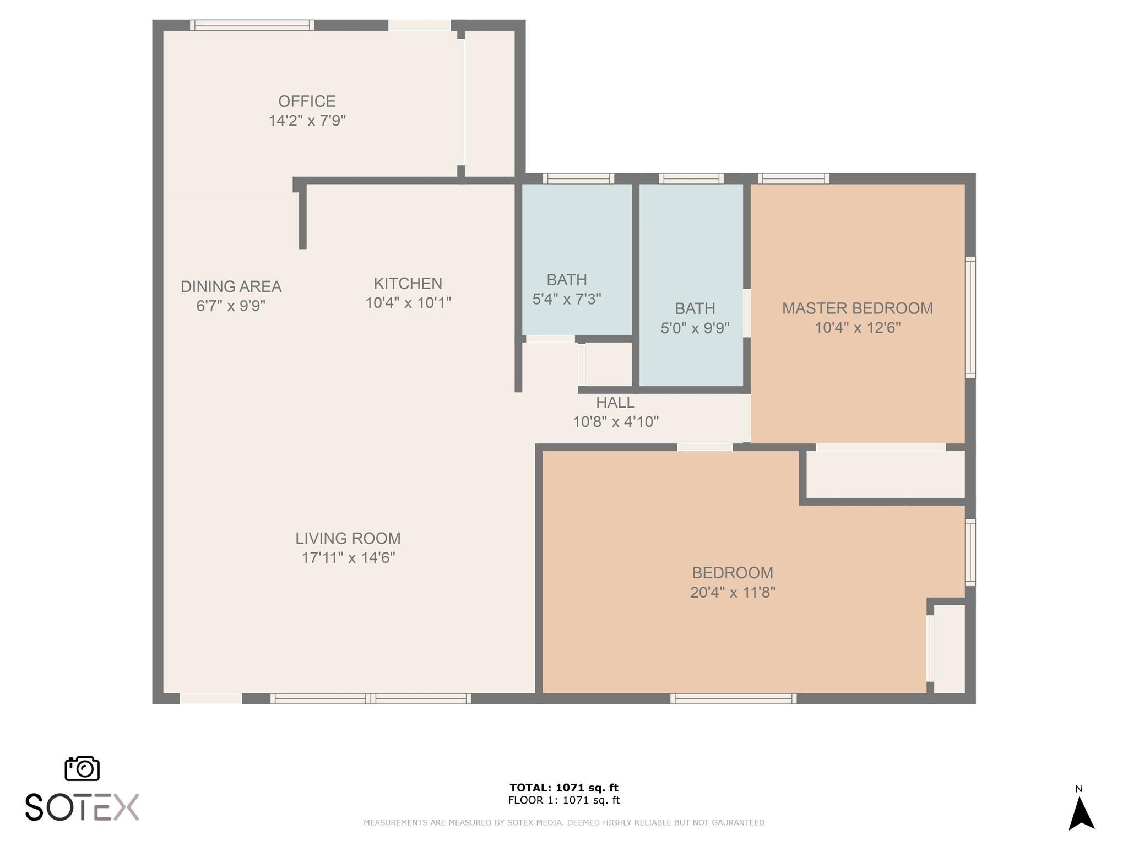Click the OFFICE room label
307,101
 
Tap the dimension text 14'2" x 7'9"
307,121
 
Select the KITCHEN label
408,284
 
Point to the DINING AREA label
231,286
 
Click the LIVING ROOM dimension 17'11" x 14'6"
348,558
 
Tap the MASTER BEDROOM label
857,308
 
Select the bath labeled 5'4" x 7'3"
566,299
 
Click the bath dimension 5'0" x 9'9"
695,328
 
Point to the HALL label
615,403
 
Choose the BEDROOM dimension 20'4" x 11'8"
733,593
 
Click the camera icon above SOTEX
82,768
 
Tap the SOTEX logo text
82,807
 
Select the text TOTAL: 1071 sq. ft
563,788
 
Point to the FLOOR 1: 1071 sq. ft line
563,800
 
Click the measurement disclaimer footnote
563,822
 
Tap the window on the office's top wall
252,25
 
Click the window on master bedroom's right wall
970,317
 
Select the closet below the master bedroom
885,474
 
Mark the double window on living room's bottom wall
370,699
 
